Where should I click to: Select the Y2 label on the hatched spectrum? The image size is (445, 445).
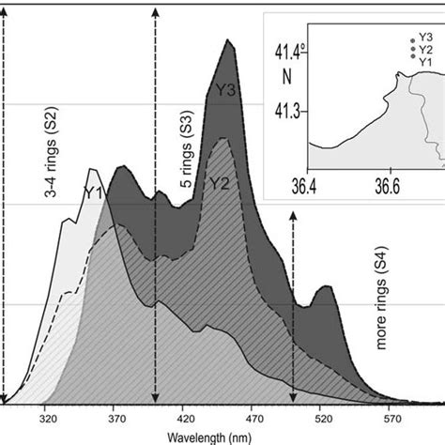[x=219, y=183]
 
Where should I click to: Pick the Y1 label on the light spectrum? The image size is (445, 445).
[x=92, y=192]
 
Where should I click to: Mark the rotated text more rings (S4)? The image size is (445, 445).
[x=383, y=298]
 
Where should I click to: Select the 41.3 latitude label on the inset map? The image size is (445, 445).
[x=289, y=111]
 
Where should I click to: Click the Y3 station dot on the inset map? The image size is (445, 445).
[x=411, y=40]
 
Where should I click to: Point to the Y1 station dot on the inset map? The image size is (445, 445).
[x=411, y=58]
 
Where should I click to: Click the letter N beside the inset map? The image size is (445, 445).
[x=274, y=74]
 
